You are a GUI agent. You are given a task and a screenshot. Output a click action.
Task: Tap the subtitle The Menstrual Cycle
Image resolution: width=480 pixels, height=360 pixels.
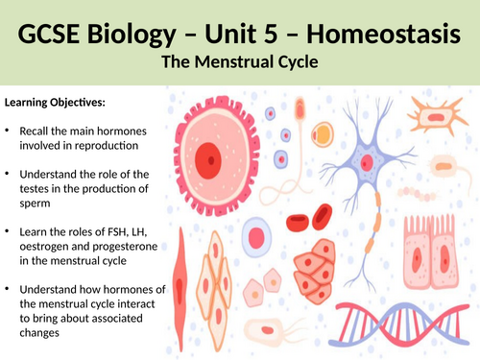pos(240,64)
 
